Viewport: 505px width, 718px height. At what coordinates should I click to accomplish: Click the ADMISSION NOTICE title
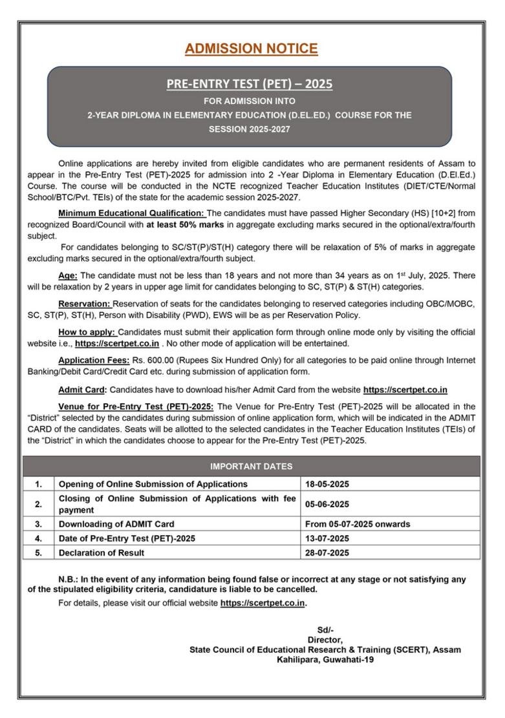(x=251, y=48)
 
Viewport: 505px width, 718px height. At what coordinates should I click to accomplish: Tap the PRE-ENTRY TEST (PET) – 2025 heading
(x=250, y=84)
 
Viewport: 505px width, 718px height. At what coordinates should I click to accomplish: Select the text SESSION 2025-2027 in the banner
(x=250, y=129)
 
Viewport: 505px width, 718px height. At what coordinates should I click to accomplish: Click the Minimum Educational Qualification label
(x=131, y=213)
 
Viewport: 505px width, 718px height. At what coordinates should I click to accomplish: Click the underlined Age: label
(x=67, y=275)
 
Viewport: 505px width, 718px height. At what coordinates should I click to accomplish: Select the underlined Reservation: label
(x=84, y=304)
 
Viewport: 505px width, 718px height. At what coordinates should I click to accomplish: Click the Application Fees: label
(x=93, y=361)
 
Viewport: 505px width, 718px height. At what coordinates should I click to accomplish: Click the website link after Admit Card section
(x=405, y=390)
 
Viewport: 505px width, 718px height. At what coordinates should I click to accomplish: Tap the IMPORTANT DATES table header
(x=251, y=466)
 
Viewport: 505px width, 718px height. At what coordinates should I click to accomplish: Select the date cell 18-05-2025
(x=327, y=484)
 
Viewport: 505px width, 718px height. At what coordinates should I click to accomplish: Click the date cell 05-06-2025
(x=327, y=504)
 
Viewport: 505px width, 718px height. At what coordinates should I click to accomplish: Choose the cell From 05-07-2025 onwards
(x=358, y=524)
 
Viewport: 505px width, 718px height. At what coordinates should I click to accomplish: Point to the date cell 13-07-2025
(x=327, y=538)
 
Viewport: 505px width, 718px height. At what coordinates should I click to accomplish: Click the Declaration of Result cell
(x=102, y=553)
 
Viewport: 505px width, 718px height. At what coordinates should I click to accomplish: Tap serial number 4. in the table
(x=39, y=538)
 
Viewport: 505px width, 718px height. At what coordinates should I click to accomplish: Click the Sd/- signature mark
(x=325, y=630)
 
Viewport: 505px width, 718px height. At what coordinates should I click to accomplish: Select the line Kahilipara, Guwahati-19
(x=325, y=660)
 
